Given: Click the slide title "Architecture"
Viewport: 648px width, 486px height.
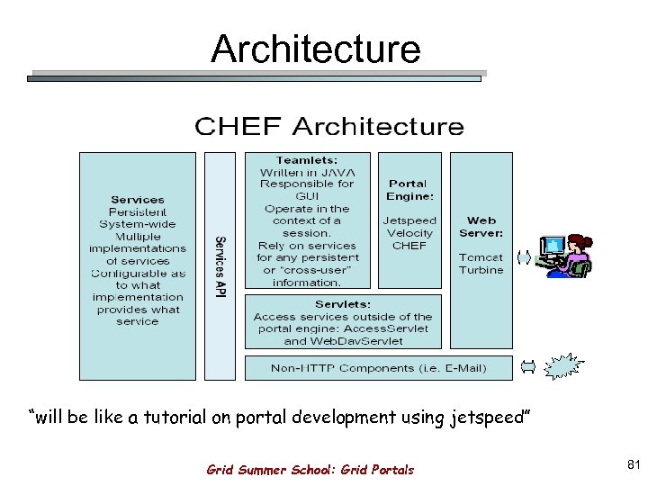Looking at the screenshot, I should coord(315,49).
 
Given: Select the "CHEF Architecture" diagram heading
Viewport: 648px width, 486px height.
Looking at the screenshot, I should coord(329,126).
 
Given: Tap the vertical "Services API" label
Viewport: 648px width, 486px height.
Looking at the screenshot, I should coord(219,266).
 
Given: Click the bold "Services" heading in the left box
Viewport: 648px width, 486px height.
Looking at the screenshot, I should coord(138,200).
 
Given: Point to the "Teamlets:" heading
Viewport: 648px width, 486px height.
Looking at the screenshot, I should coord(307,159).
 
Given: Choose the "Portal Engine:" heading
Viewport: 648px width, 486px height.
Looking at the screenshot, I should coord(409,189).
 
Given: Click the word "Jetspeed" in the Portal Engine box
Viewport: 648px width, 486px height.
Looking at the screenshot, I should coord(409,220).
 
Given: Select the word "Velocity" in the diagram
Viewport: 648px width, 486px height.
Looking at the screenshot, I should coord(409,233).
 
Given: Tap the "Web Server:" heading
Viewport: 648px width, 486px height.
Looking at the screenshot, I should coord(481,226).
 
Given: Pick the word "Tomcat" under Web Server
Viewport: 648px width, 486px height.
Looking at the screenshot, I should coord(481,257).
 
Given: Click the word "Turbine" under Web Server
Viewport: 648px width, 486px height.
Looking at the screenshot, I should coord(481,270).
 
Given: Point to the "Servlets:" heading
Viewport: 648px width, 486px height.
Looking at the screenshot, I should coord(343,304).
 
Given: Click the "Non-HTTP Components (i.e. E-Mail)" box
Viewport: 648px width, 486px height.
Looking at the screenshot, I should coord(379,368).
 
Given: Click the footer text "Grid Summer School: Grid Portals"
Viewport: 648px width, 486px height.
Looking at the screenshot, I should coord(310,470).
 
